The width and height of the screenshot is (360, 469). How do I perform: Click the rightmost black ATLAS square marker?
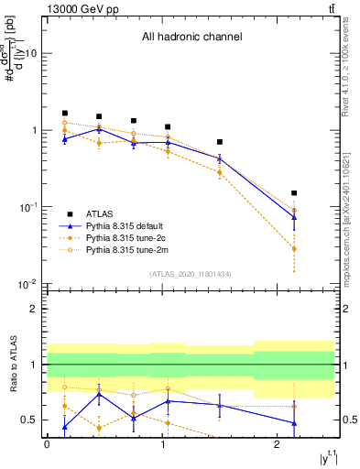(x=294, y=193)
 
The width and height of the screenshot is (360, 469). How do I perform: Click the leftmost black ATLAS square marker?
(x=65, y=113)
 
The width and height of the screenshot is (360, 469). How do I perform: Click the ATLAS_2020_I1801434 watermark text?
(x=190, y=274)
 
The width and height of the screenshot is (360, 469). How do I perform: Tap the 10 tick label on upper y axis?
(x=29, y=53)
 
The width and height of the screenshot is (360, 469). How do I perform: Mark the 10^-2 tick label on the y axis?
(x=27, y=284)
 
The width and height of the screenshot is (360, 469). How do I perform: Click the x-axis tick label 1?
(x=161, y=443)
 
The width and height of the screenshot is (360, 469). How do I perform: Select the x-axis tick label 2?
(x=277, y=443)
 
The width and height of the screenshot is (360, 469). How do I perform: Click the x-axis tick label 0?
(x=47, y=443)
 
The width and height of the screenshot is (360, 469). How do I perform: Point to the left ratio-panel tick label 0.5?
(x=29, y=420)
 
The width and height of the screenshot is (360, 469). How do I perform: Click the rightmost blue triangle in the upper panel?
(x=294, y=217)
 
